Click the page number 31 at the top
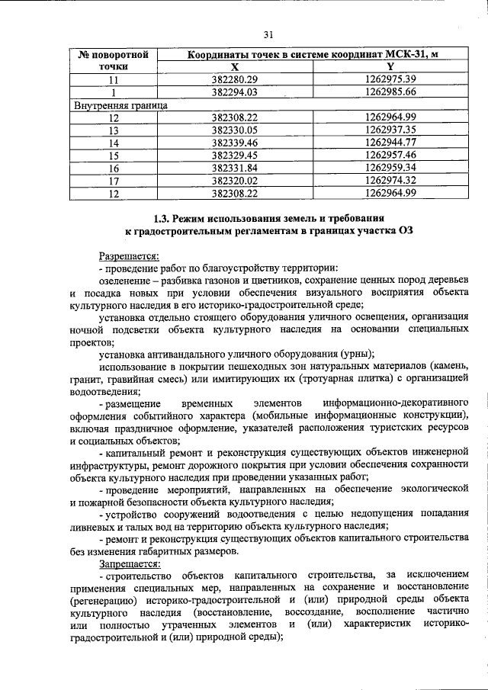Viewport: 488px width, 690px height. click(268, 34)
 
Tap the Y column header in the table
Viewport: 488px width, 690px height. click(390, 67)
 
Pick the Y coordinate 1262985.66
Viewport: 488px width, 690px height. click(390, 92)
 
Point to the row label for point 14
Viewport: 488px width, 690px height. click(114, 143)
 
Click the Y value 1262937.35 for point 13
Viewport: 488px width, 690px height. click(390, 130)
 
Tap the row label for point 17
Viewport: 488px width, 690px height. click(114, 181)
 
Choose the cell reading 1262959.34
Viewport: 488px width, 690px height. click(390, 168)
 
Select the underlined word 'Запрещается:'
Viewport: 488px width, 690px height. click(130, 563)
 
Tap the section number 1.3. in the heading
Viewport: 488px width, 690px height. click(165, 218)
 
